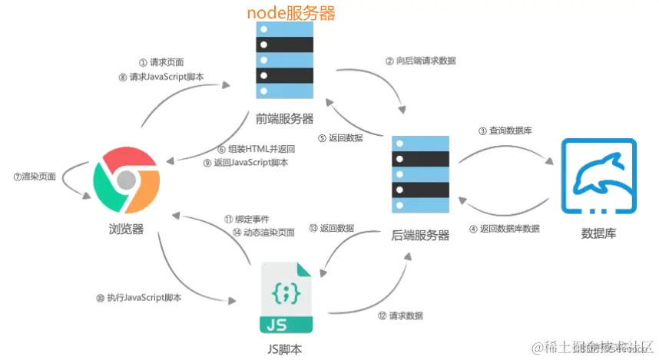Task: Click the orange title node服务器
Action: [291, 13]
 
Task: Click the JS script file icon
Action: [286, 298]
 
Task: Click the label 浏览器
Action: [127, 228]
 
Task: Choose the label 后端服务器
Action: [420, 236]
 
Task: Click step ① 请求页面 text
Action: [161, 61]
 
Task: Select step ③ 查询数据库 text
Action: [505, 130]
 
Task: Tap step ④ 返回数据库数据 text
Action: [504, 229]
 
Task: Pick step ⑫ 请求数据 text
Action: [400, 315]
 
